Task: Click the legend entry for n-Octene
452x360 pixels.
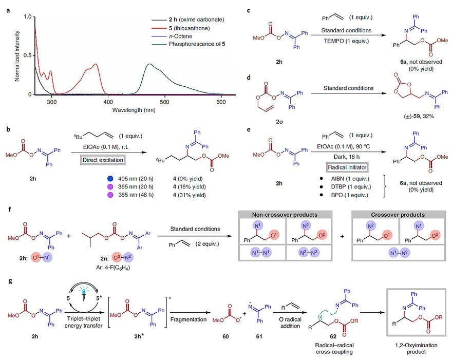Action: (x=180, y=36)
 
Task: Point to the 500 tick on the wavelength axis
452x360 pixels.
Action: (x=164, y=102)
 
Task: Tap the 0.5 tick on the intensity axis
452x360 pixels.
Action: (x=28, y=55)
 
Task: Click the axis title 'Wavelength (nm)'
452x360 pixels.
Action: (x=134, y=110)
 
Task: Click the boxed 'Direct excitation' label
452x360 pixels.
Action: (x=103, y=160)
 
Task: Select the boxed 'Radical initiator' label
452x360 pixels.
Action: (x=347, y=167)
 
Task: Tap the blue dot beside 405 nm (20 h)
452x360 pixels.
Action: (x=110, y=179)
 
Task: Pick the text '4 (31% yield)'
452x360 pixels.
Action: (x=190, y=195)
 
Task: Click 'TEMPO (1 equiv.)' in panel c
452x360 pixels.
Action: (x=346, y=41)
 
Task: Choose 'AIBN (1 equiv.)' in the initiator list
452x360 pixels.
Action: (x=350, y=179)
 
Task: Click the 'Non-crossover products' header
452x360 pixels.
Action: (x=285, y=215)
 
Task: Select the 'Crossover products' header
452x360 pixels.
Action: (x=398, y=215)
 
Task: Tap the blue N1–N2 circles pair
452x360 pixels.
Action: (x=399, y=253)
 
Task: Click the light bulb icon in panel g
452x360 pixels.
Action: (x=83, y=293)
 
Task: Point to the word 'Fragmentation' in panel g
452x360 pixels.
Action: (x=188, y=319)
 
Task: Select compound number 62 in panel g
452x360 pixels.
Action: (x=333, y=336)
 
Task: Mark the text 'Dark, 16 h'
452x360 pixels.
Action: (x=347, y=157)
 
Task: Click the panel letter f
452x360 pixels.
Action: (x=10, y=209)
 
